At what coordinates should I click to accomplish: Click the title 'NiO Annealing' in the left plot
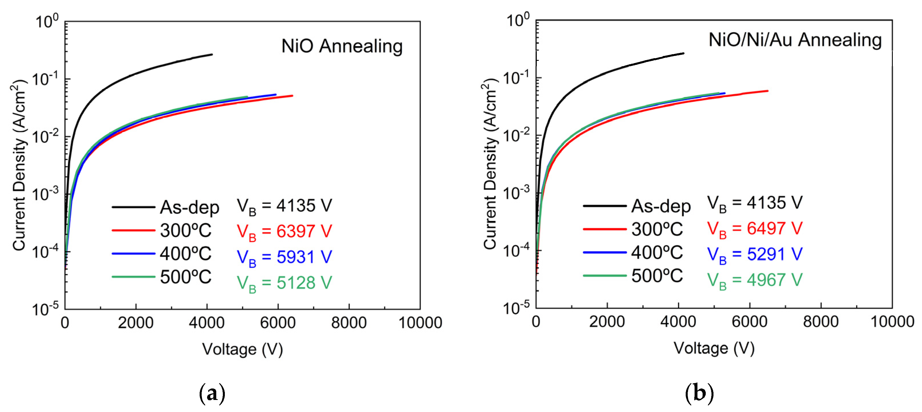coord(342,46)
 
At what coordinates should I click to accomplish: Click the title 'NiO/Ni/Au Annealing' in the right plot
coord(795,40)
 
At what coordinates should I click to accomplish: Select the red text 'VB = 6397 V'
coord(284,232)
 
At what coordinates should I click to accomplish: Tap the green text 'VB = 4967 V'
coord(755,280)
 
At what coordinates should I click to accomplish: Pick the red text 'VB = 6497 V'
coord(755,229)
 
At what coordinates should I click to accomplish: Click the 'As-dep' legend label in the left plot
coord(189,207)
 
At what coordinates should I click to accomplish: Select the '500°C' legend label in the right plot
coord(657,276)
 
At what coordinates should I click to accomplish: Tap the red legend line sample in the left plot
coord(133,230)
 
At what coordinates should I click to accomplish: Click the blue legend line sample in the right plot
coord(605,253)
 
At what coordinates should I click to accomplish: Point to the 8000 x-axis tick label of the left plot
coord(349,323)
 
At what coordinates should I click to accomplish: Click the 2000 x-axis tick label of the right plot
coord(607,321)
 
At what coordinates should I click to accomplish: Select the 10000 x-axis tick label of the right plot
coord(892,321)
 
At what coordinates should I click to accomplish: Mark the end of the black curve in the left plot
coord(212,54)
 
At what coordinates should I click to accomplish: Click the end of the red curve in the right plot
coord(768,91)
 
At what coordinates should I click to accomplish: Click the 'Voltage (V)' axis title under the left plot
coord(242,349)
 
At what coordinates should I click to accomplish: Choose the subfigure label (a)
coord(212,393)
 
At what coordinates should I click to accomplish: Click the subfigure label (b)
coord(699,393)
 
